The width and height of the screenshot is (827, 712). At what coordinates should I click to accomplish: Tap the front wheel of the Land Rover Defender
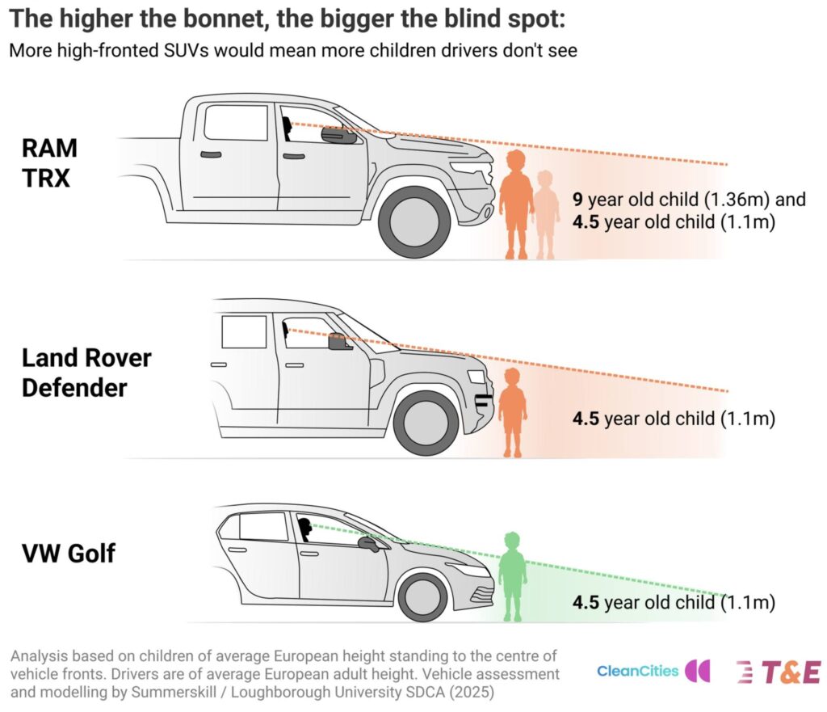427,423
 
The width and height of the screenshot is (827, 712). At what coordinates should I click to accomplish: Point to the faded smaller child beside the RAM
545,214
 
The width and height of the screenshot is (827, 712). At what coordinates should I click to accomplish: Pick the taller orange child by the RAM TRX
515,204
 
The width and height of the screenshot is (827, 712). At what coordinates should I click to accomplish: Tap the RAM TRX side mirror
339,136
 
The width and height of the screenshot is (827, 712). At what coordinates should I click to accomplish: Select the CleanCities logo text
638,671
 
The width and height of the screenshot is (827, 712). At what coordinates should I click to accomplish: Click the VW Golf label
68,554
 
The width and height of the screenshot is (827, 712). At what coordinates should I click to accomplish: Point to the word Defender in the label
74,387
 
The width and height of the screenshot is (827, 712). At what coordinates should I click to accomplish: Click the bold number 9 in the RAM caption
577,199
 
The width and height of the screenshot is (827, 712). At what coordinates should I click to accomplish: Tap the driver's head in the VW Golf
304,529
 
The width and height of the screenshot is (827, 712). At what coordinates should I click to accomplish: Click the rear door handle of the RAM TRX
211,154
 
